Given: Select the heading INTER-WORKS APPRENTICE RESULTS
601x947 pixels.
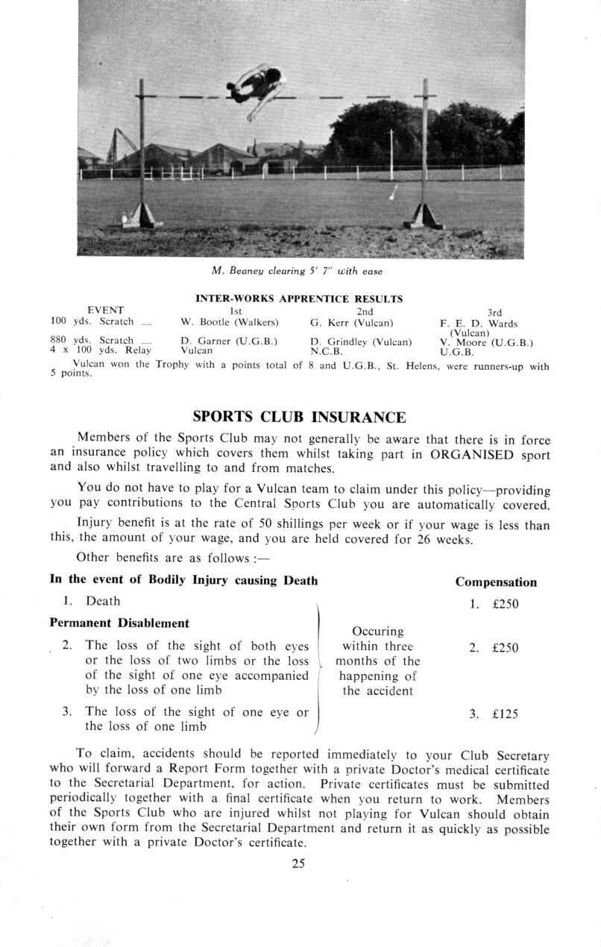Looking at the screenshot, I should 299,299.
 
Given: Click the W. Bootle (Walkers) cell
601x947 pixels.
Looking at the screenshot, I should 230,322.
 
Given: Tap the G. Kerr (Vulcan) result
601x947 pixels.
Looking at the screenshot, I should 352,322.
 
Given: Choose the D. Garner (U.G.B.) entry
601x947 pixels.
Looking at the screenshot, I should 229,342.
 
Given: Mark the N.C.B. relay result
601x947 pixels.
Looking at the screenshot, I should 326,350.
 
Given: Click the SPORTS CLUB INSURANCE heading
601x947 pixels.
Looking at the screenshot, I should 299,417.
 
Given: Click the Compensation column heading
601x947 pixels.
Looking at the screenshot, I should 496,582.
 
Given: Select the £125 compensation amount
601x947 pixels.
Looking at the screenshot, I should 505,714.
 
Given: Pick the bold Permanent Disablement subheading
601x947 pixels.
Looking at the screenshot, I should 119,623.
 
